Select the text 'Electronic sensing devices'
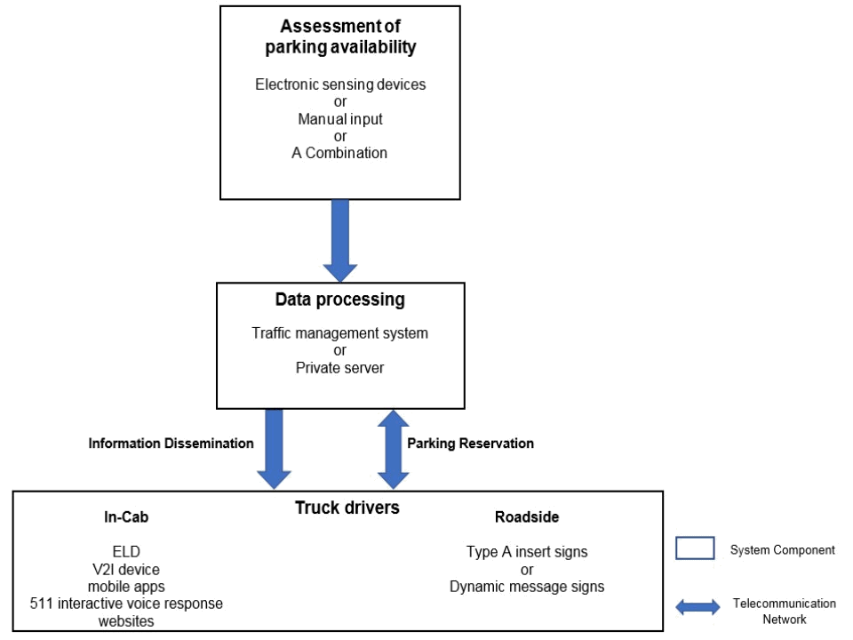pos(340,85)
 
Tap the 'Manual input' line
pos(340,119)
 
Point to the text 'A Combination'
pos(339,153)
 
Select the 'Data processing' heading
pos(339,300)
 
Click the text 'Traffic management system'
pos(339,333)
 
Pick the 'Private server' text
pos(339,367)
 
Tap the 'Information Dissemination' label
pos(171,444)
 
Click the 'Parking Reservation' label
pos(470,444)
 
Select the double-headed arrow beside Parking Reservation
pos(394,449)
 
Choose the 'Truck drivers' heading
pos(347,508)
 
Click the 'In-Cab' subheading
pos(126,517)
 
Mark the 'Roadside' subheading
pos(527,517)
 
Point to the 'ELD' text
pos(126,552)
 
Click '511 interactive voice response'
pos(126,604)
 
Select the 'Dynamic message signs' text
pos(527,587)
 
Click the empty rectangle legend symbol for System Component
pos(695,548)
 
